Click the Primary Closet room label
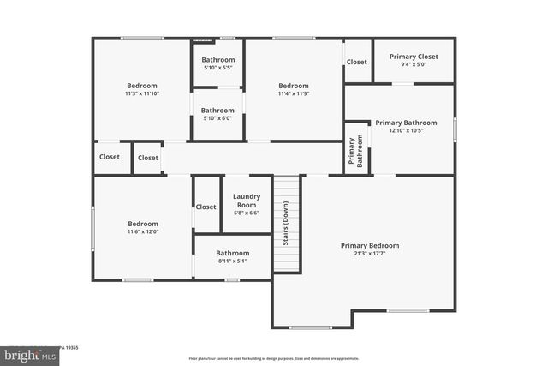pyautogui.click(x=414, y=57)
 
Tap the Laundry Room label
pyautogui.click(x=247, y=201)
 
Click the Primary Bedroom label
pyautogui.click(x=370, y=246)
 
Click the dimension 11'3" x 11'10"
pyautogui.click(x=142, y=93)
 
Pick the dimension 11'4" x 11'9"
pyautogui.click(x=293, y=93)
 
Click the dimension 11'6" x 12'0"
pyautogui.click(x=142, y=231)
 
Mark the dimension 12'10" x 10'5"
pyautogui.click(x=406, y=130)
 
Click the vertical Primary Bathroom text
pyautogui.click(x=355, y=151)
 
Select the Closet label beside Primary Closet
pyautogui.click(x=357, y=62)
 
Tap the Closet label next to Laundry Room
pyautogui.click(x=206, y=207)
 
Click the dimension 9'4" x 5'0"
pyautogui.click(x=414, y=64)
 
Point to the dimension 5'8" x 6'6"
pyautogui.click(x=247, y=213)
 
